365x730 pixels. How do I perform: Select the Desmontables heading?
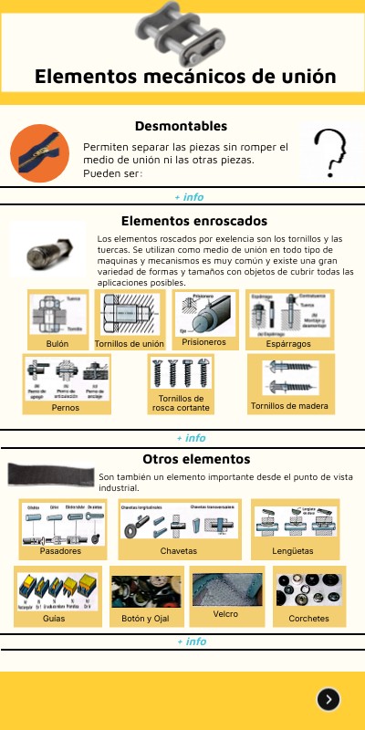pyautogui.click(x=181, y=126)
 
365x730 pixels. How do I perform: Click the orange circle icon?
pyautogui.click(x=40, y=153)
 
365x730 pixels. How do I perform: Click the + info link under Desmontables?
pyautogui.click(x=189, y=197)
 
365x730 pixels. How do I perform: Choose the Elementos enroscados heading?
pyautogui.click(x=193, y=221)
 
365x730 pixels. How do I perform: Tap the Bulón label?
pyautogui.click(x=57, y=344)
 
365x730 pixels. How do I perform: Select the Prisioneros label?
pyautogui.click(x=203, y=342)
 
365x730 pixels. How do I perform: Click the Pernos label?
pyautogui.click(x=66, y=408)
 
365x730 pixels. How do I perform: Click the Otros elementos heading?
pyautogui.click(x=196, y=459)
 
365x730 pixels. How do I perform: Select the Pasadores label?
pyautogui.click(x=61, y=551)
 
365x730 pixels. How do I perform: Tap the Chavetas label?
pyautogui.click(x=179, y=551)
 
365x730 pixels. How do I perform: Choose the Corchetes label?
pyautogui.click(x=308, y=618)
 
